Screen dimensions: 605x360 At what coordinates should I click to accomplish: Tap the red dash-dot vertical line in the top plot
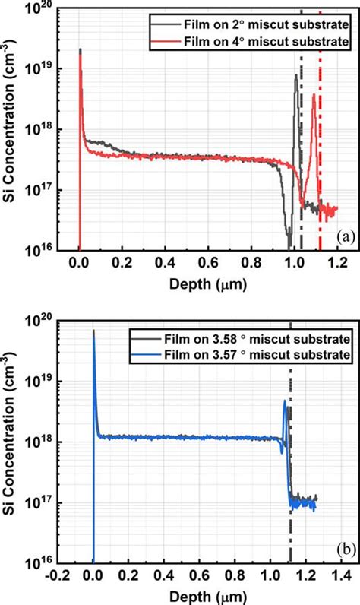tap(320, 152)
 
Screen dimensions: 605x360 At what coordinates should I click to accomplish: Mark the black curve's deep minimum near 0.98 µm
tap(289, 245)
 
